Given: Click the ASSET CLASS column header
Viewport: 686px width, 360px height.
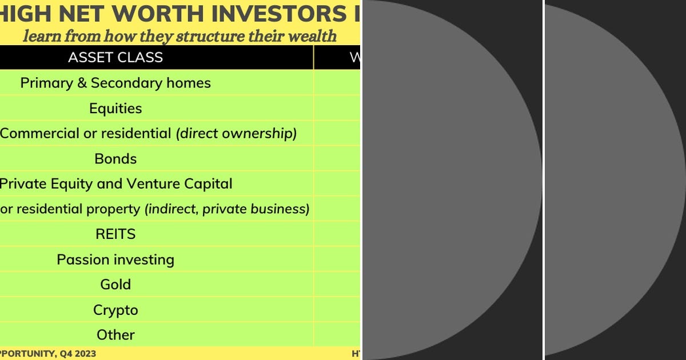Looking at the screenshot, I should (x=115, y=57).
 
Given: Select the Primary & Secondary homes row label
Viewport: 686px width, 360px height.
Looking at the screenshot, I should (x=115, y=83).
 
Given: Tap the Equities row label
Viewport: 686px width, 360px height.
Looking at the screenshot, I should (x=115, y=108).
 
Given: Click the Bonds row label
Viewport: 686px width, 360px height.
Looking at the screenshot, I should (x=115, y=158).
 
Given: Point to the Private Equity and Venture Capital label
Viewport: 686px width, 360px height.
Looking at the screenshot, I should (x=115, y=183).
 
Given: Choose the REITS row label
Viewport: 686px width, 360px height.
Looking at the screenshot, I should (x=115, y=234).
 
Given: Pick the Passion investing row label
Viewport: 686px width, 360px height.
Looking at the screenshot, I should (x=115, y=259).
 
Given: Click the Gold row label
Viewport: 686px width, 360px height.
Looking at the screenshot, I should (x=115, y=284).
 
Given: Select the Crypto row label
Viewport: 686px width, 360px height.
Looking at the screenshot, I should (x=115, y=310).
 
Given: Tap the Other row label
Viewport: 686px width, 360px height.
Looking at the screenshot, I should (x=115, y=335).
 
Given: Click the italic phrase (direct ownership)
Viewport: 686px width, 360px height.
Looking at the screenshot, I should (x=236, y=133).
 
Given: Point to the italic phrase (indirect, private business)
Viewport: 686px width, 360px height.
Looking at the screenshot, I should (x=227, y=209).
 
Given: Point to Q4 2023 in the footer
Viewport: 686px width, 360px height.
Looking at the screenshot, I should (x=75, y=354).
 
